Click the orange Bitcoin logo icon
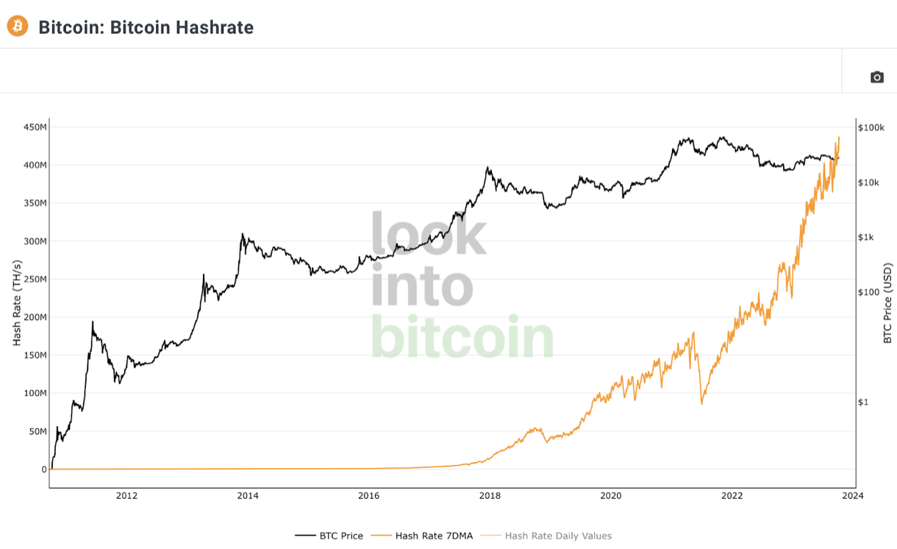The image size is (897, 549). pyautogui.click(x=17, y=26)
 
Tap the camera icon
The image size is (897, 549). pyautogui.click(x=876, y=77)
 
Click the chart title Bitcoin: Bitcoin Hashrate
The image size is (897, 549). pyautogui.click(x=146, y=27)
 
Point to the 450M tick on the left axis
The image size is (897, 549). pyautogui.click(x=34, y=127)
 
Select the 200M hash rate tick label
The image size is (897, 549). pyautogui.click(x=34, y=317)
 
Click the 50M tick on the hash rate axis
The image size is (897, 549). pyautogui.click(x=36, y=431)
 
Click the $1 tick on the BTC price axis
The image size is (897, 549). pyautogui.click(x=865, y=402)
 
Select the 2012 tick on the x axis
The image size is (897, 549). pyautogui.click(x=126, y=495)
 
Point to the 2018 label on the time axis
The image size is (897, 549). pyautogui.click(x=489, y=495)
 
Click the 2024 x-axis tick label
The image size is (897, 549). pyautogui.click(x=852, y=495)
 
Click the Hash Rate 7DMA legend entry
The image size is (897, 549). pyautogui.click(x=434, y=536)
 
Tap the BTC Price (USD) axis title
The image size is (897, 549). pyautogui.click(x=887, y=302)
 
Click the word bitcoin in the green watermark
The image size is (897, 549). pyautogui.click(x=462, y=337)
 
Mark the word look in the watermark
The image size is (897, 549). pyautogui.click(x=429, y=234)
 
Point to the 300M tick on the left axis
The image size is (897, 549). pyautogui.click(x=34, y=241)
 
